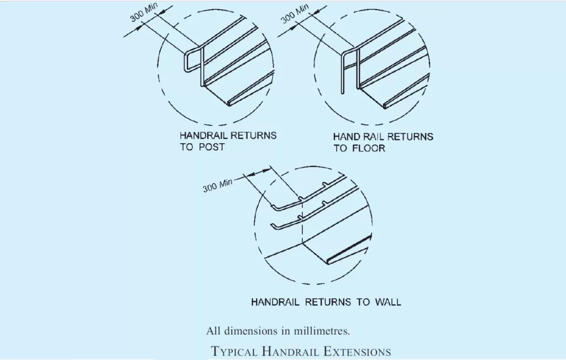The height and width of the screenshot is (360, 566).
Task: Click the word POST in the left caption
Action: tap(211, 148)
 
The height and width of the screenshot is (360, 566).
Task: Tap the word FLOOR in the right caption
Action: tap(369, 149)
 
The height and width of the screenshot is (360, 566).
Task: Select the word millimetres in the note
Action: tap(320, 331)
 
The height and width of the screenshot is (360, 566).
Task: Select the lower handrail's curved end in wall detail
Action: tap(275, 225)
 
